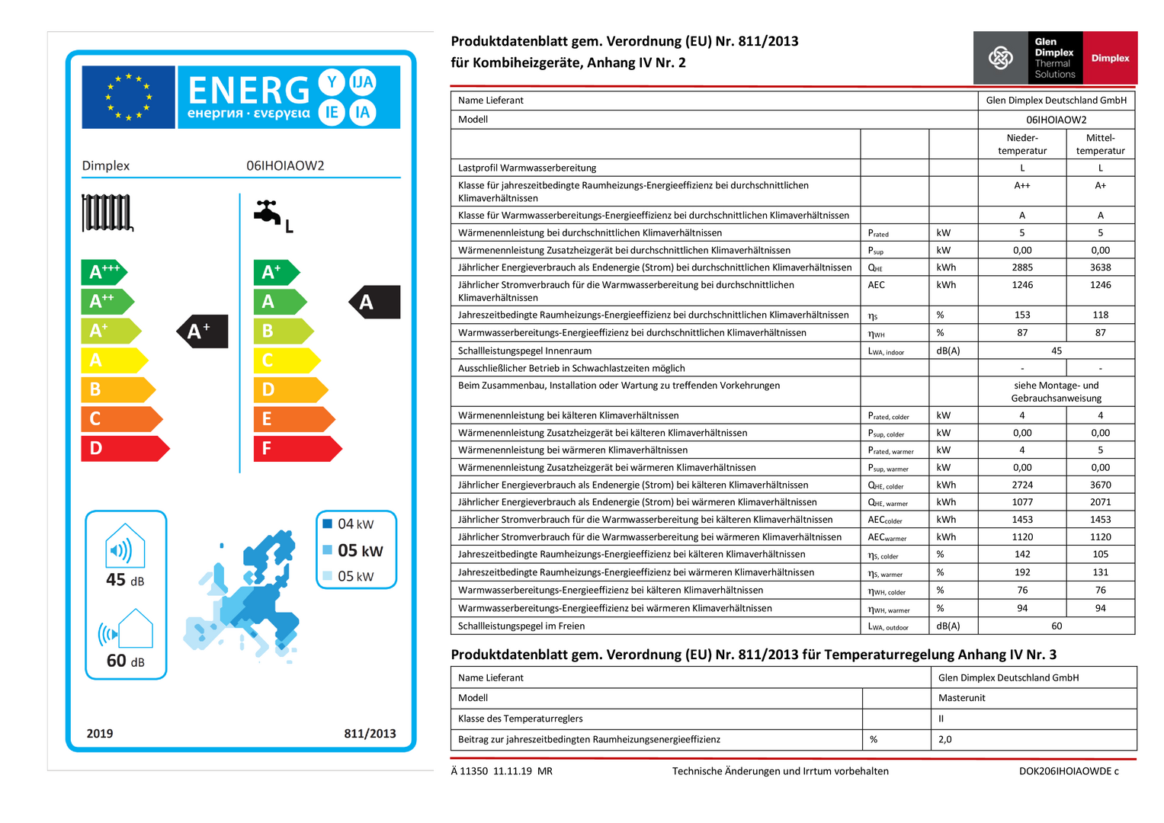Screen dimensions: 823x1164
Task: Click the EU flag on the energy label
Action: tap(128, 97)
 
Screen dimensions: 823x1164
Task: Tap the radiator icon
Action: tap(107, 213)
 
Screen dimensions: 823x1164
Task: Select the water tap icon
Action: tap(268, 213)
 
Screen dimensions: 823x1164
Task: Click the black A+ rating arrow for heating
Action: tap(202, 331)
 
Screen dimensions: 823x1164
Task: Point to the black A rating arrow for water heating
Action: tap(374, 302)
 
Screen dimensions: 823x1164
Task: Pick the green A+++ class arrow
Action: tap(104, 272)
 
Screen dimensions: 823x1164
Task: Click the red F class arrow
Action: tap(297, 448)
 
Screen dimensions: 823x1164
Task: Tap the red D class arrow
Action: tap(124, 448)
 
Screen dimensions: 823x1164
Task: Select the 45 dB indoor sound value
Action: tap(125, 580)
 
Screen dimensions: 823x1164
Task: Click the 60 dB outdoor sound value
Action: tap(125, 661)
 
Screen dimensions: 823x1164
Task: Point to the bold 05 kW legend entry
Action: tap(360, 550)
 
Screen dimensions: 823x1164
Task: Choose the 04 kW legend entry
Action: tap(355, 524)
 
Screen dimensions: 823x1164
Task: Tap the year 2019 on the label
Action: tap(100, 734)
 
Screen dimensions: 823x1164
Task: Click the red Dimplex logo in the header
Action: tap(1110, 58)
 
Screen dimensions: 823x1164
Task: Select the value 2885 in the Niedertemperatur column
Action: tap(1022, 267)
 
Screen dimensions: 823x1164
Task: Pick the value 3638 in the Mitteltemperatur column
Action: tap(1100, 267)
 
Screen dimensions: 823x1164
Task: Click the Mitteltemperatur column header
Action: tap(1100, 144)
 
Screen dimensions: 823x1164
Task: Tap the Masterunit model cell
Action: tap(962, 698)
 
